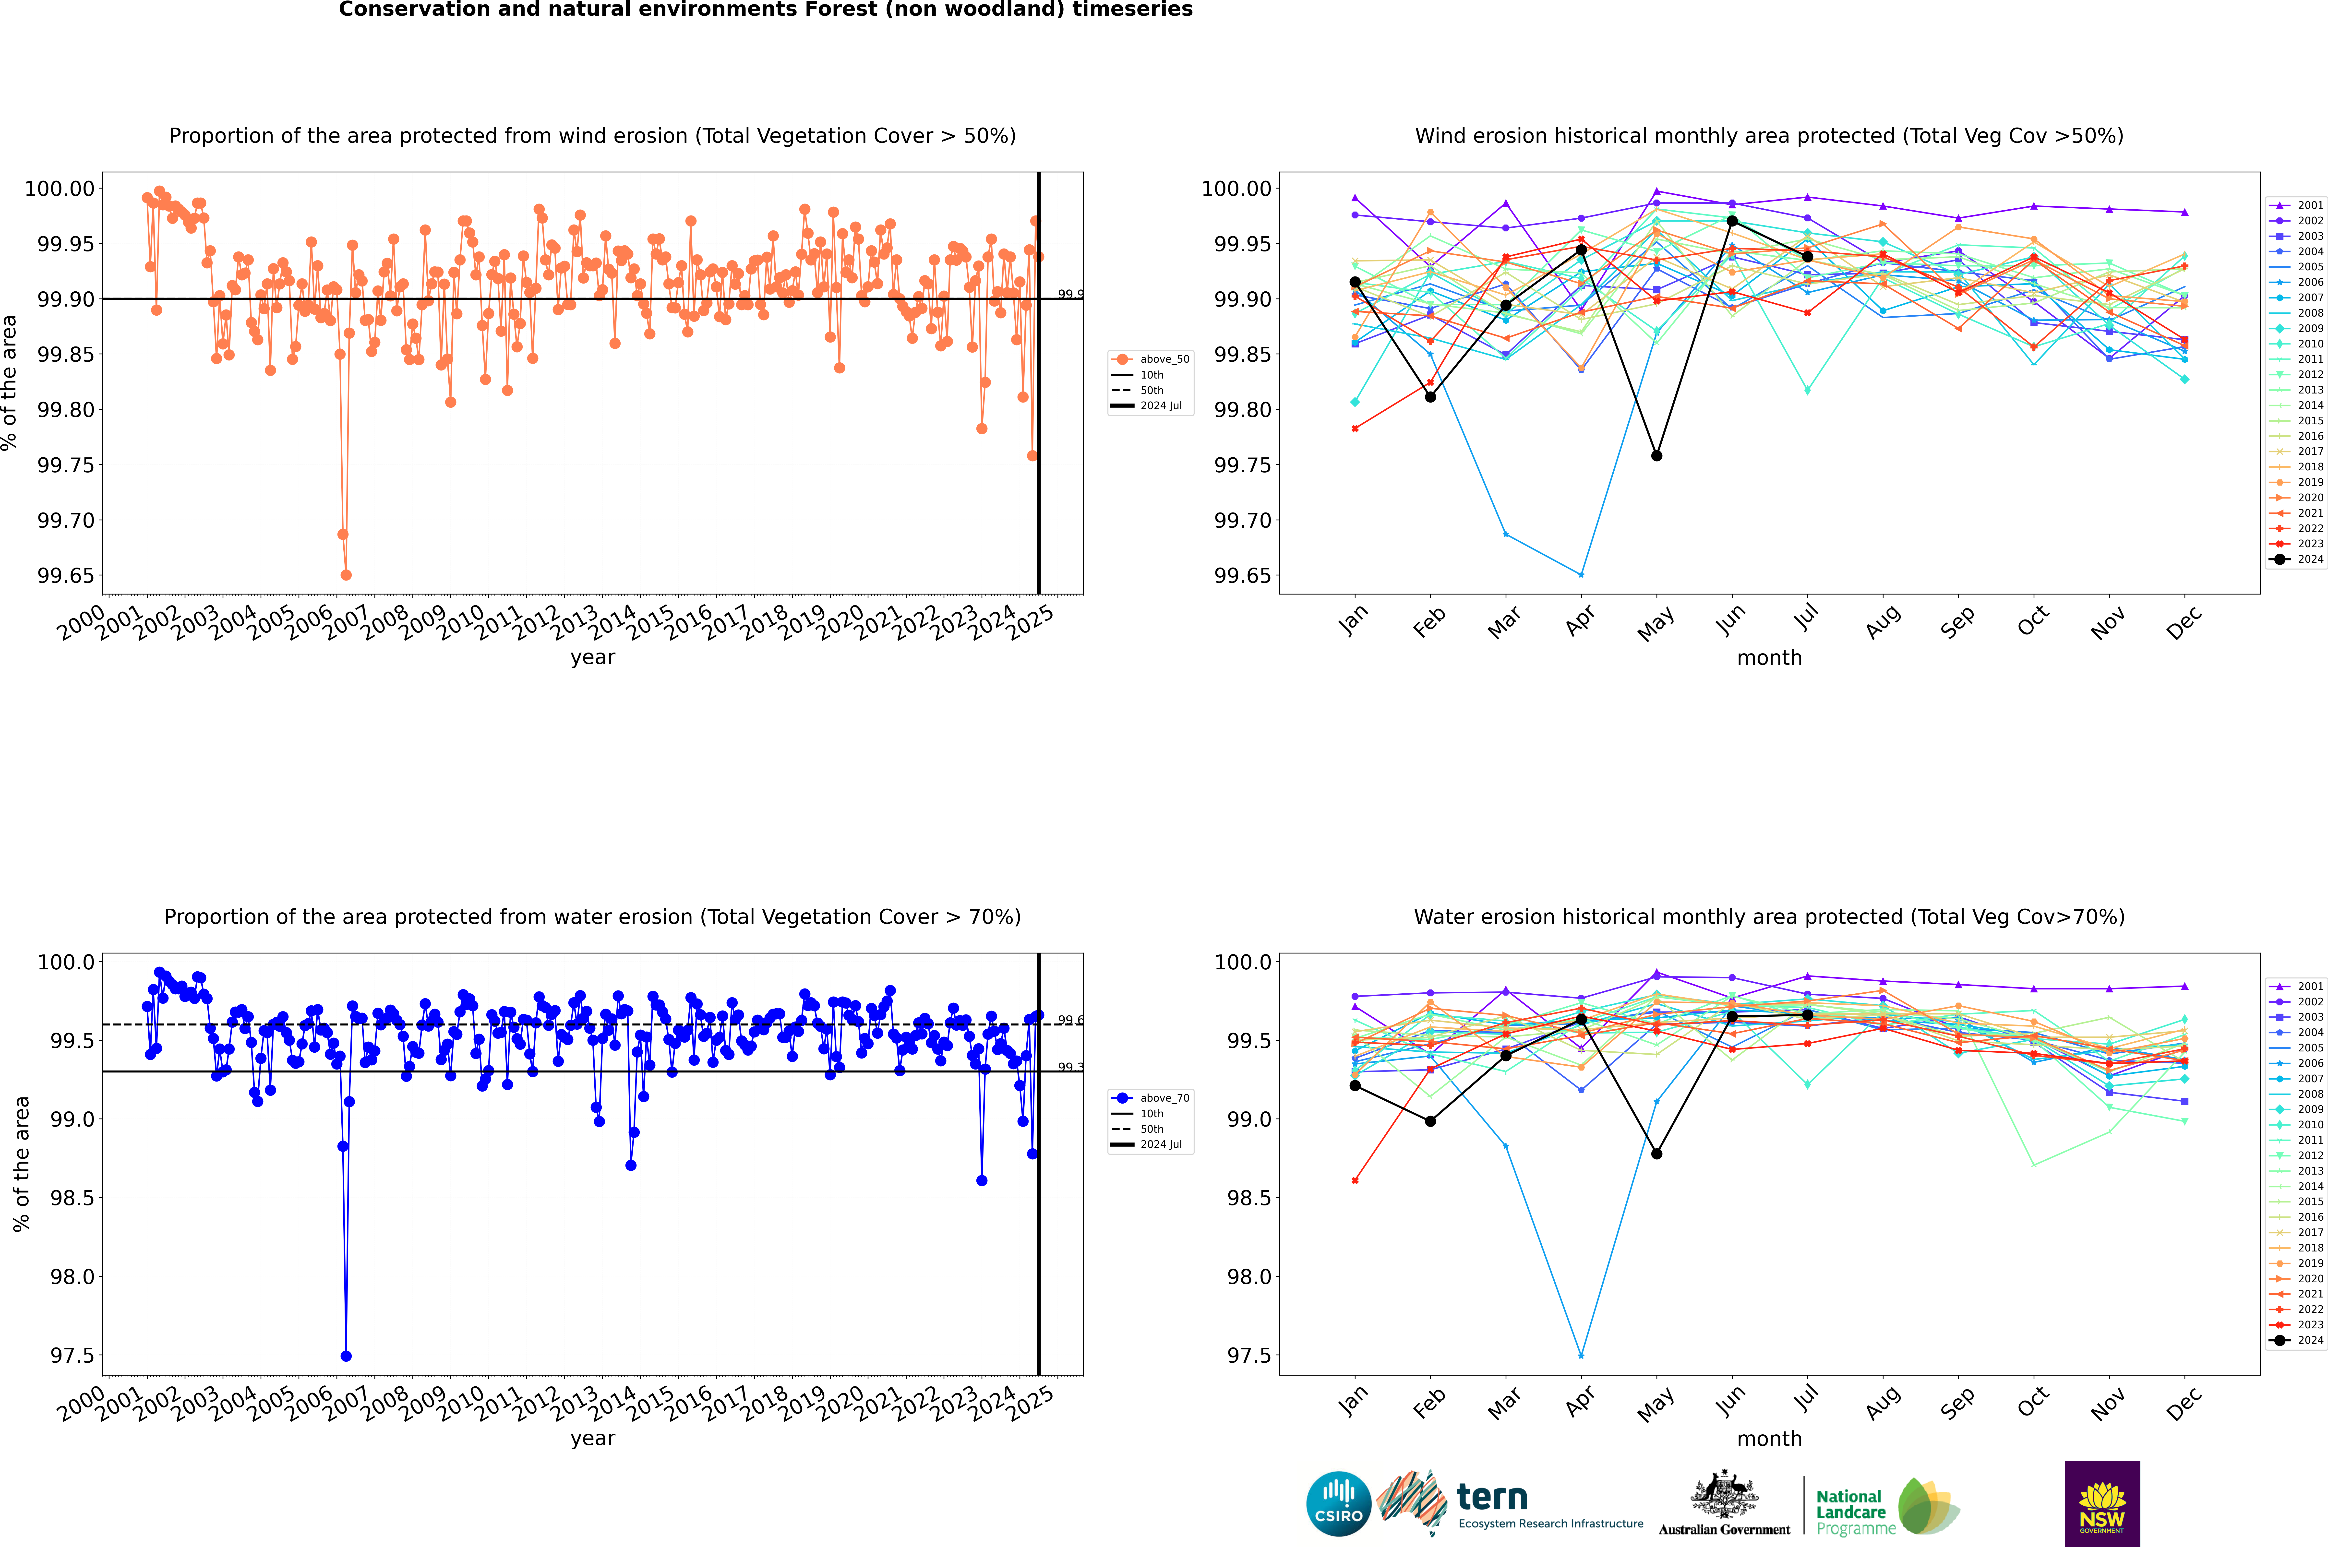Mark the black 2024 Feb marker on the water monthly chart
point(1430,1121)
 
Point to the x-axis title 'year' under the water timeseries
point(592,1439)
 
